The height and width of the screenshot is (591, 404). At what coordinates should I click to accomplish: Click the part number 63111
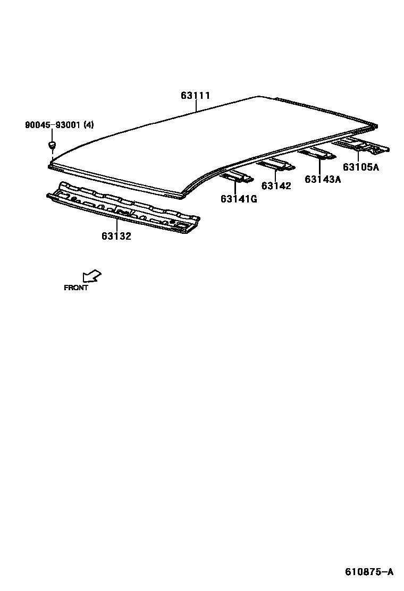(x=196, y=96)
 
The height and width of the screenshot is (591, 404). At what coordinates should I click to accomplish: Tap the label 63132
(x=116, y=236)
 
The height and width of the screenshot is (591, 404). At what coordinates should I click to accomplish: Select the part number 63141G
(x=239, y=199)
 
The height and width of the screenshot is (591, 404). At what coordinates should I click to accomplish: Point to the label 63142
(x=276, y=185)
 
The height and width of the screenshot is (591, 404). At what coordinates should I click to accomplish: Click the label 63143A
(x=323, y=179)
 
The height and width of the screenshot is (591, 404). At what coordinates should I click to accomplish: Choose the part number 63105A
(x=360, y=167)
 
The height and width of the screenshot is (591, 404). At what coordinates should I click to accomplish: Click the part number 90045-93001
(x=52, y=125)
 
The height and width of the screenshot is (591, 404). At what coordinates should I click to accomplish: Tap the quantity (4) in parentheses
(x=88, y=125)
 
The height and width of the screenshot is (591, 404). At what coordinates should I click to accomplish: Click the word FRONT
(x=76, y=288)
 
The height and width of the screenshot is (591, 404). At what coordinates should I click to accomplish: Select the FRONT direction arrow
(x=92, y=275)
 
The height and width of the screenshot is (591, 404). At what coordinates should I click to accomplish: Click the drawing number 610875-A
(x=369, y=572)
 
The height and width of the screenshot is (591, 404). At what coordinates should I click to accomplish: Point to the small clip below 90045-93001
(x=52, y=145)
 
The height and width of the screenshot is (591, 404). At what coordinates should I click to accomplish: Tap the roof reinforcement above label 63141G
(x=237, y=176)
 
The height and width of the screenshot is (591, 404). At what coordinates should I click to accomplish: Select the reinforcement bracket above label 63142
(x=275, y=164)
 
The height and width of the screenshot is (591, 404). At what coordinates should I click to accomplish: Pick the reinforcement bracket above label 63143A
(x=317, y=154)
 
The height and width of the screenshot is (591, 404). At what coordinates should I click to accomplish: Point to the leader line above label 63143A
(x=319, y=165)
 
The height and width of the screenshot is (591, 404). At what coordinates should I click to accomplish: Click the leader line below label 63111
(x=196, y=106)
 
